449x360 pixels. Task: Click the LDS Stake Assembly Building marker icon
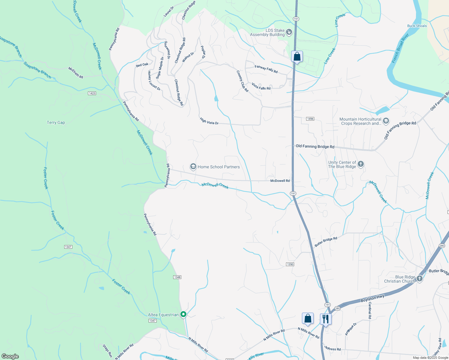(289, 32)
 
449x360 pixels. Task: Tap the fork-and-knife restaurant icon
(326, 319)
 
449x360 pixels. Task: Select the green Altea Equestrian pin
(183, 314)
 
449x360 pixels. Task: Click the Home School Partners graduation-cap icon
(193, 166)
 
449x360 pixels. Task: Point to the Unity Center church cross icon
(361, 164)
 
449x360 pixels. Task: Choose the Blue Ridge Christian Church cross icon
(419, 279)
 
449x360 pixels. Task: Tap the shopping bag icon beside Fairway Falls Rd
(297, 56)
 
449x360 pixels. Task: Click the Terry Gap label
(56, 122)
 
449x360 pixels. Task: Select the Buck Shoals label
(417, 26)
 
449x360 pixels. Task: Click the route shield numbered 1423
(92, 93)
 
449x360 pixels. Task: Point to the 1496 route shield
(310, 119)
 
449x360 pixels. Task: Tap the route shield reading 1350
(290, 264)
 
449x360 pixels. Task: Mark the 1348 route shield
(177, 277)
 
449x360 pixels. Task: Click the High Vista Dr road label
(209, 121)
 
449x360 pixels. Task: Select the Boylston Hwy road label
(372, 298)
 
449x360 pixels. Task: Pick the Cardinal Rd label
(370, 310)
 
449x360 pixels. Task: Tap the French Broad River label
(400, 48)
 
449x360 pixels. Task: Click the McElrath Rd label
(76, 73)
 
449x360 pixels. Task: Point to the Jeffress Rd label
(333, 348)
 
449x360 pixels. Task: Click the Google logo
(10, 356)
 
